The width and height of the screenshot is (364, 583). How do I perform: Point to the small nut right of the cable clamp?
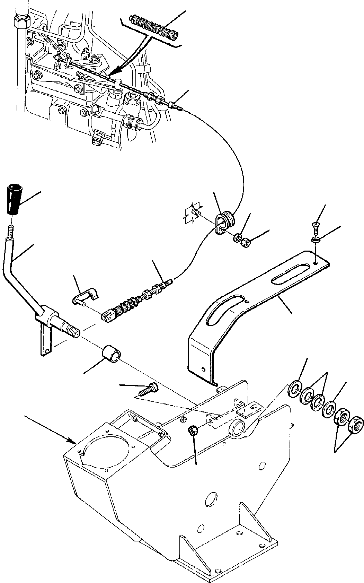pos(246,243)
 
